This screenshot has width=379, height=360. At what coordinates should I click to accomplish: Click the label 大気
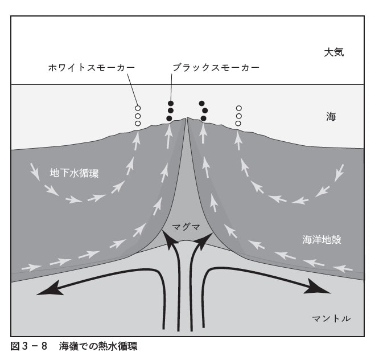tap(334, 52)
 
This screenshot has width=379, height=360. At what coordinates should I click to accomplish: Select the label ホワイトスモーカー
tap(91, 67)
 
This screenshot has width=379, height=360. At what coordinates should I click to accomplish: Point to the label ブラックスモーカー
tap(216, 67)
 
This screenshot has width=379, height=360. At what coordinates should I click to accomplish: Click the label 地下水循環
tap(74, 173)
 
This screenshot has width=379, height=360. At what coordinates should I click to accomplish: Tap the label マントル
tap(331, 317)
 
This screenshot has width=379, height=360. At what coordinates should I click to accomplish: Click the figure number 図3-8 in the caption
tap(28, 346)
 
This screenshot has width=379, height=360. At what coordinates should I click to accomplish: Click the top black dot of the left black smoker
tap(170, 103)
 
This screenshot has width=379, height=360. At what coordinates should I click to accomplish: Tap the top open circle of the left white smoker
tap(137, 108)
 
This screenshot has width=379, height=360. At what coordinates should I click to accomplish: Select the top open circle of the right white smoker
tap(239, 108)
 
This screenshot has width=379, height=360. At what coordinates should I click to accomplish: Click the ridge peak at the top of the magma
tap(187, 119)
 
